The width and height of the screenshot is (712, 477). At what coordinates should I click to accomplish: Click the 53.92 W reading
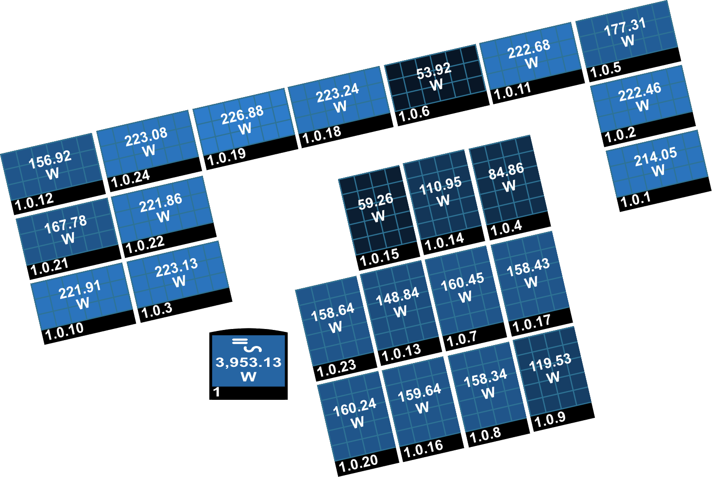tap(435, 77)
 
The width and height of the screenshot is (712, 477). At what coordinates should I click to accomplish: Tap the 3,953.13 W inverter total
tap(248, 369)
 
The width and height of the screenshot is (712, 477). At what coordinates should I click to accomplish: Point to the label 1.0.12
tap(34, 202)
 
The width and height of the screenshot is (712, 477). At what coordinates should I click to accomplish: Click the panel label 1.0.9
tap(550, 420)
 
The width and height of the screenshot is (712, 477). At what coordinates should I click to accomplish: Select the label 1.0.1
tap(635, 199)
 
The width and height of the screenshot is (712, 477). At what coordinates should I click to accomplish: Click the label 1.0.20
tap(358, 463)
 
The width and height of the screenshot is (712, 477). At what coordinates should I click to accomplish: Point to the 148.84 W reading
tap(398, 303)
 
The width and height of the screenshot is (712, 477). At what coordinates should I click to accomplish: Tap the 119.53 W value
tap(551, 369)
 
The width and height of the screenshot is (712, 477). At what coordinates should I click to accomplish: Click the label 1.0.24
tap(130, 179)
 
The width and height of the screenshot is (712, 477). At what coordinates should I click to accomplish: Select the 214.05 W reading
tap(657, 162)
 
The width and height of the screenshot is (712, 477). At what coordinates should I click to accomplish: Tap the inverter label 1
tap(217, 393)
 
